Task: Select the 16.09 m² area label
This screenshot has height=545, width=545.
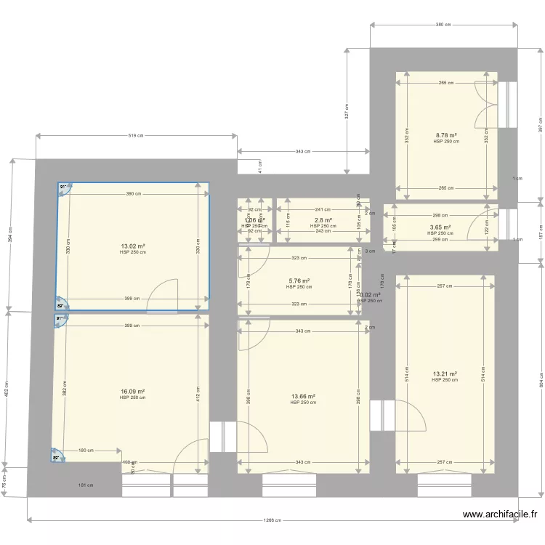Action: [x=133, y=392]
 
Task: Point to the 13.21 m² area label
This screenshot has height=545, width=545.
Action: [x=445, y=374]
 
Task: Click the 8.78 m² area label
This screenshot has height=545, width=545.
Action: [x=446, y=136]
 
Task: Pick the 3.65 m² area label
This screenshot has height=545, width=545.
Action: [x=440, y=227]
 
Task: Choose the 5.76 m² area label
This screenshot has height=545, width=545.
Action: [x=299, y=280]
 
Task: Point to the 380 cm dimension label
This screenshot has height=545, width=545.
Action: [x=444, y=25]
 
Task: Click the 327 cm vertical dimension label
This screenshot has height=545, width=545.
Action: [x=347, y=110]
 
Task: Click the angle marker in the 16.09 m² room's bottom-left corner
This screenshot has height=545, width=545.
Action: [x=57, y=457]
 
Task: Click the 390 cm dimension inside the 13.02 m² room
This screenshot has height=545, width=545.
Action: [x=134, y=194]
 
